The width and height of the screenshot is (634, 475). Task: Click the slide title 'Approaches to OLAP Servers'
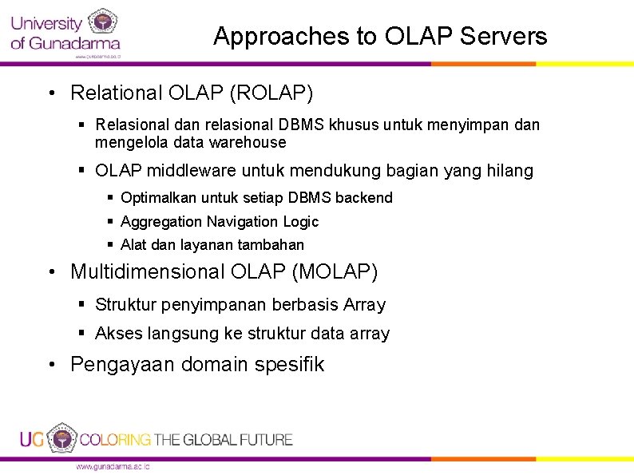point(380,37)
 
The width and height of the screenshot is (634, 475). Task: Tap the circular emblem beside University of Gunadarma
point(102,22)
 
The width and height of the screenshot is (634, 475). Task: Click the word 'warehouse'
point(247,143)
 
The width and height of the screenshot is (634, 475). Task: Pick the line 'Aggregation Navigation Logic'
point(219,222)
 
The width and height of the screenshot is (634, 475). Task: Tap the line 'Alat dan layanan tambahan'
point(212,245)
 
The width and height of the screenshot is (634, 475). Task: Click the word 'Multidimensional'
point(148,272)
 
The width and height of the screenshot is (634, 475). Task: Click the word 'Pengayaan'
point(123,365)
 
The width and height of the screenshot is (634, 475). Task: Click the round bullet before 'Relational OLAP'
point(50,94)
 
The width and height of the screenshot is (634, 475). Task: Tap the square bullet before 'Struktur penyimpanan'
point(83,304)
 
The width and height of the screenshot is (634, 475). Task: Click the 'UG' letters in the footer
point(32,439)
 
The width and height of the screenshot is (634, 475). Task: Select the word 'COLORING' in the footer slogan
point(115,440)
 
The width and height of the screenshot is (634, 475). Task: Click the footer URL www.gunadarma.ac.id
point(112,466)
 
